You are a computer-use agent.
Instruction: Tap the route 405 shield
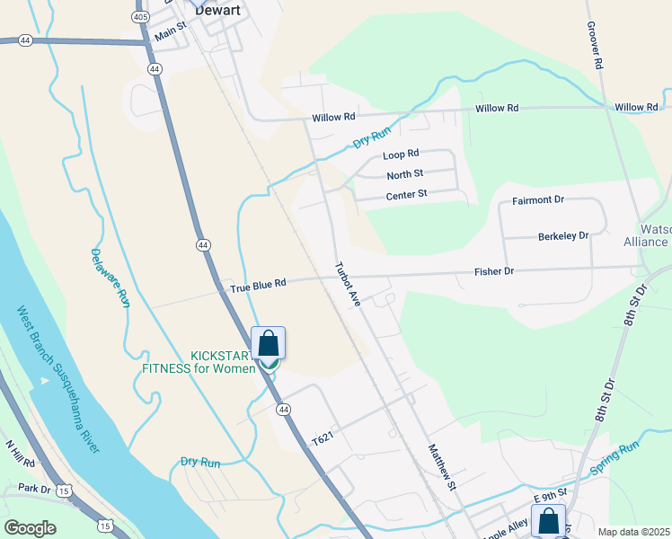pos(140,17)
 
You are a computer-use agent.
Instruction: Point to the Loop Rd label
pos(401,155)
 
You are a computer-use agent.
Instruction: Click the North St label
pos(404,174)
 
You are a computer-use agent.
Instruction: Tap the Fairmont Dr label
pos(538,199)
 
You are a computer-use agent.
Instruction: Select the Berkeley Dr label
pos(562,235)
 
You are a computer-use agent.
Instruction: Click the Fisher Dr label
pos(494,270)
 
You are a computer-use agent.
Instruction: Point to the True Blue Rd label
pos(258,283)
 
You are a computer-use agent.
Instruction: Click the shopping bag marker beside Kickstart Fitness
pos(268,344)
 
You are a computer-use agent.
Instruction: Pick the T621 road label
pos(323,439)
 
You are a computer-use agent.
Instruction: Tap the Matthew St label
pos(443,467)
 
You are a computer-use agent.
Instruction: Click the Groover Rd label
pos(594,45)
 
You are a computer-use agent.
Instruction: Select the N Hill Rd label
pos(19,455)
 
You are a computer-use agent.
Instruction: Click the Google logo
pos(30,527)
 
